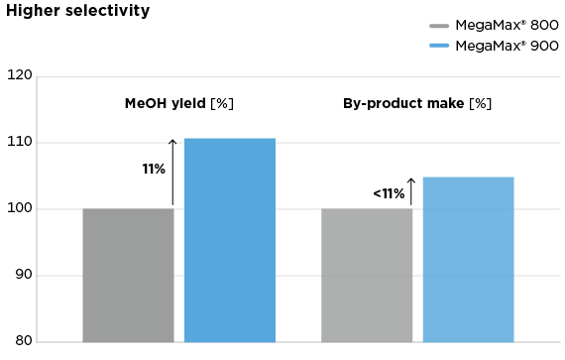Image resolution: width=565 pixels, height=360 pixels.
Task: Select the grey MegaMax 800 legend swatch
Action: coord(439,26)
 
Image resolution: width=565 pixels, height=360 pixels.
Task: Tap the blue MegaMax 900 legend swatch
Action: coord(439,46)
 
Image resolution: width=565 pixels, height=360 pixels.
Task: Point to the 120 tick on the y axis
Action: coord(20,76)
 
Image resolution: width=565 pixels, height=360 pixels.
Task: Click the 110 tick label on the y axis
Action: coord(20,143)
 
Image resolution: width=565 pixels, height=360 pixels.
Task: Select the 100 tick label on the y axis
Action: coord(20,209)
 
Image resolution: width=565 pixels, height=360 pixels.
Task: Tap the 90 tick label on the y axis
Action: coord(22,276)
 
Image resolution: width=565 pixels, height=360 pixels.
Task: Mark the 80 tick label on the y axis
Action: coord(22,342)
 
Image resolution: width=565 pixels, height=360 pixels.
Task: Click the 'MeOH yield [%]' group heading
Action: coord(178,103)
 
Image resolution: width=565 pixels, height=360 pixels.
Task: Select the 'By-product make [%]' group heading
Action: coord(416,103)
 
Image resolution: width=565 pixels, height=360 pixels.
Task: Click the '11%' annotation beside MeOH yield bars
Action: coord(153,170)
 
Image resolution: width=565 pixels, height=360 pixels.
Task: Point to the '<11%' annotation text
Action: coord(389,193)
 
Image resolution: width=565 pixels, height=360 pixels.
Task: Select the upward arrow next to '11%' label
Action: coord(172,172)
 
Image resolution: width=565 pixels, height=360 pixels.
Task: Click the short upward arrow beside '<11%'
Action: coord(410,190)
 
